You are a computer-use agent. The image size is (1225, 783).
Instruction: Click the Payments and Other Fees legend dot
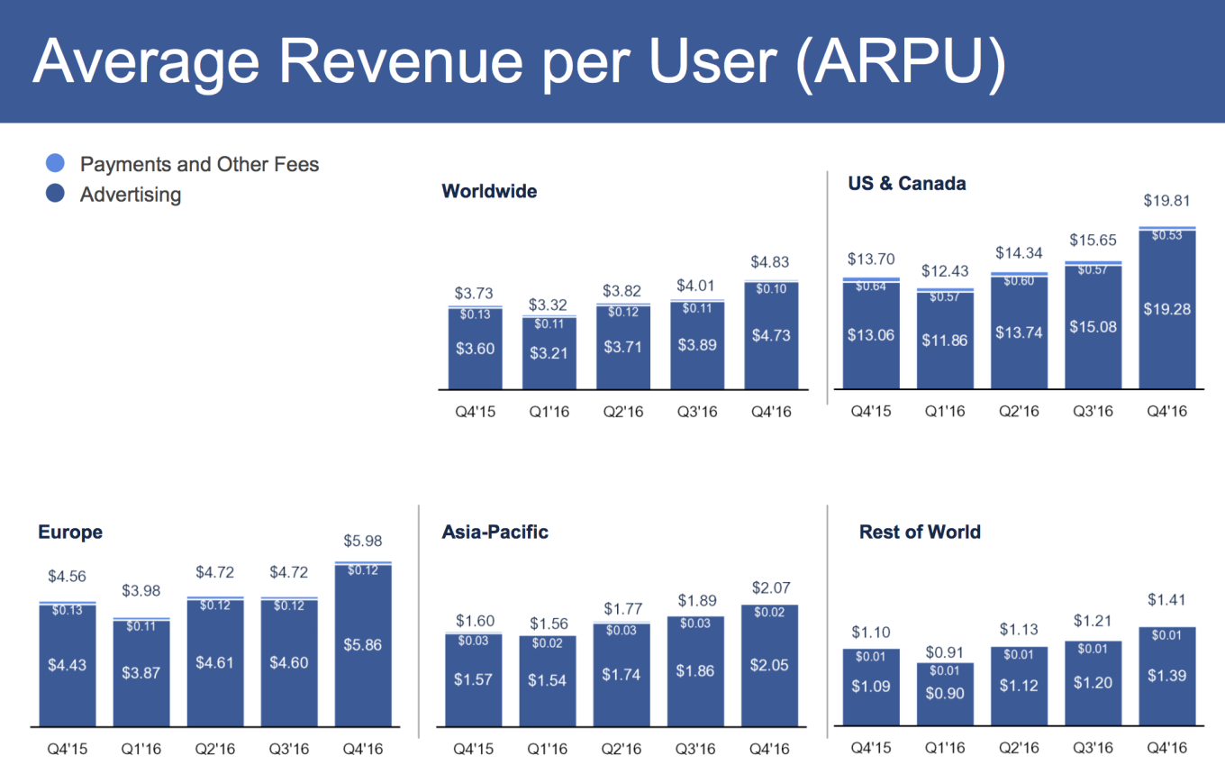click(55, 163)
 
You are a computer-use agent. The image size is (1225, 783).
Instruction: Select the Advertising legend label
click(131, 194)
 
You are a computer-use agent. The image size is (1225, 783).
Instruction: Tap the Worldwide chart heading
click(489, 191)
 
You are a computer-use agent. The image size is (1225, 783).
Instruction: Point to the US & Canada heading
click(907, 184)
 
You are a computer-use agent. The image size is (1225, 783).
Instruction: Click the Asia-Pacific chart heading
click(495, 532)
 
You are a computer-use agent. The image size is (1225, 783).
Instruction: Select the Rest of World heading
click(920, 532)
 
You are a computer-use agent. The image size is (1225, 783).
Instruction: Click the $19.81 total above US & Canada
click(1166, 200)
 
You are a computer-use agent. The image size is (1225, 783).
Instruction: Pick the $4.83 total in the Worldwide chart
click(770, 262)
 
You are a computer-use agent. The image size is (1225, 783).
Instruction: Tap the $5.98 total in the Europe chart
click(361, 542)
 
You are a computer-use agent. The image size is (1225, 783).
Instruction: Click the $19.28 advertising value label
click(1166, 308)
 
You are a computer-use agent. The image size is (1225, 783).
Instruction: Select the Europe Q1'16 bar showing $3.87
click(141, 671)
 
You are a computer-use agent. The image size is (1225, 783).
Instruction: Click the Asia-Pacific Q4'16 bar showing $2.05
click(770, 664)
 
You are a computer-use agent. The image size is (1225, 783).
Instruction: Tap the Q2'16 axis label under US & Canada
click(1019, 411)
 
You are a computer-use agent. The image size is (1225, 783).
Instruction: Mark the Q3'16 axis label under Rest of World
click(1093, 748)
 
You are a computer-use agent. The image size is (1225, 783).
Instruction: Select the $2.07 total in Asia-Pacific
click(770, 587)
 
